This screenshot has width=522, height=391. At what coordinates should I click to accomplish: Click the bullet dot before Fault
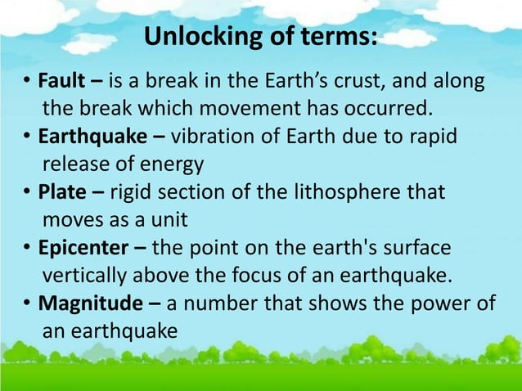[27, 83]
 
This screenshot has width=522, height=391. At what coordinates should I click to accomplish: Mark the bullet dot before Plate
[27, 194]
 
